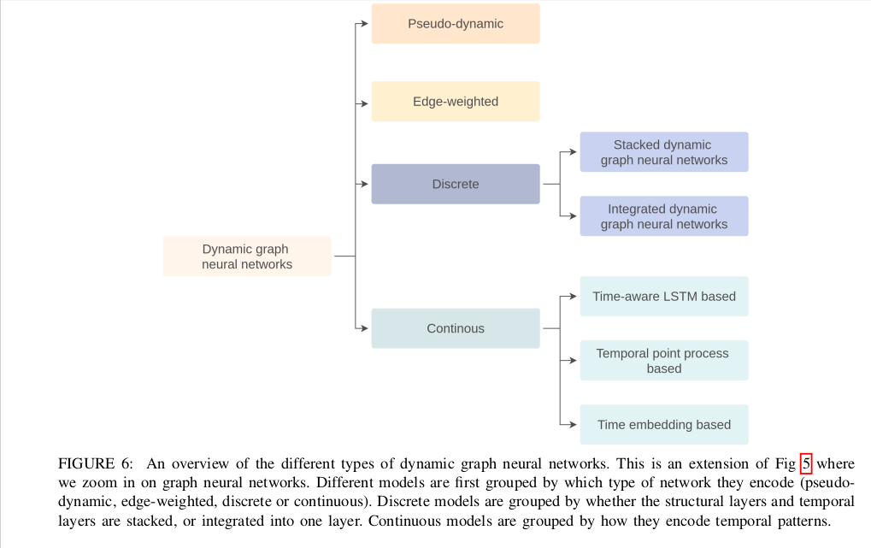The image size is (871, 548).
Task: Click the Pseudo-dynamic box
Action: [456, 23]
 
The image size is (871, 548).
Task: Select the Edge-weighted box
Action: [456, 101]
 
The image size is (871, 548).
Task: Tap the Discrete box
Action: [456, 184]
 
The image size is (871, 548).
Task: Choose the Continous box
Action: [456, 328]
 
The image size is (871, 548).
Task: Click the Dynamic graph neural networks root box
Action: [247, 256]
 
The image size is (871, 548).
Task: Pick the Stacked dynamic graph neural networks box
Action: [664, 151]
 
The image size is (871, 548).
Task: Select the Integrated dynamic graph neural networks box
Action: [664, 216]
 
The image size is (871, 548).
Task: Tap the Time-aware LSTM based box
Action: [664, 297]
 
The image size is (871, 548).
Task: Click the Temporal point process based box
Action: [664, 361]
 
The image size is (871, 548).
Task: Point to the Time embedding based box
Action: [664, 425]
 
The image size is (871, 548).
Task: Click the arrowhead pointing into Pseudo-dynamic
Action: [365, 23]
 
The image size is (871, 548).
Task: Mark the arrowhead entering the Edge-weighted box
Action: [365, 103]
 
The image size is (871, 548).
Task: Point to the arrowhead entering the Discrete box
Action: [365, 184]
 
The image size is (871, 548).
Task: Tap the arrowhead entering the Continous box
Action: [365, 328]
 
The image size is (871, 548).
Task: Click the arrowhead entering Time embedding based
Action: [574, 425]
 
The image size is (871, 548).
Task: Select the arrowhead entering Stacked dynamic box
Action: [574, 151]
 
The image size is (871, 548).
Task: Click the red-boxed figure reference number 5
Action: [806, 463]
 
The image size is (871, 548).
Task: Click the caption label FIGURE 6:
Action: [96, 463]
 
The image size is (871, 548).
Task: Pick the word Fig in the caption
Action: [786, 464]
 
